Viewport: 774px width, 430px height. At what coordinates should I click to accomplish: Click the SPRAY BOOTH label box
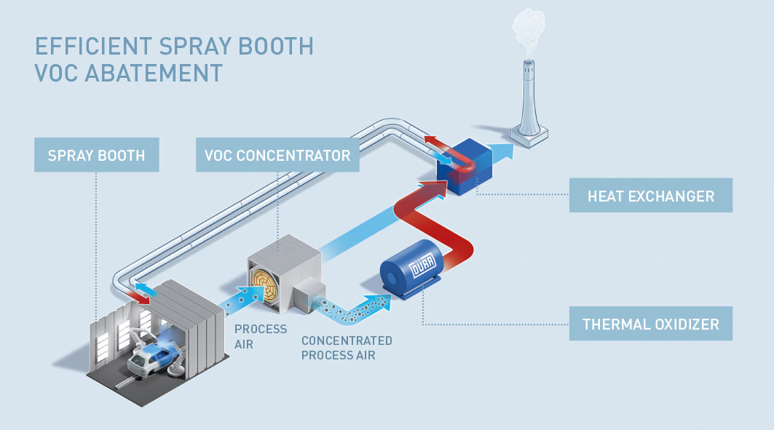[96, 156]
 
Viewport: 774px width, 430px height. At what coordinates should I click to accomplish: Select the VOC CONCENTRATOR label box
[277, 156]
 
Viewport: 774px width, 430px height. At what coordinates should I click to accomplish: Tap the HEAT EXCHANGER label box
[650, 196]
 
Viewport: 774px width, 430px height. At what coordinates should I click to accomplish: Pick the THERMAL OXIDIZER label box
[650, 324]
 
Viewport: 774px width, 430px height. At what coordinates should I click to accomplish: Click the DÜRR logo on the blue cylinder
[424, 270]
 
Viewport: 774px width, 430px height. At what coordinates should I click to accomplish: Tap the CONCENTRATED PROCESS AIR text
[347, 348]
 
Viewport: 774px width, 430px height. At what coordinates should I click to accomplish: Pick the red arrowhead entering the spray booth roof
[135, 296]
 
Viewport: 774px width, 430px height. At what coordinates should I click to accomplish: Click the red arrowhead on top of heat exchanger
[435, 140]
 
